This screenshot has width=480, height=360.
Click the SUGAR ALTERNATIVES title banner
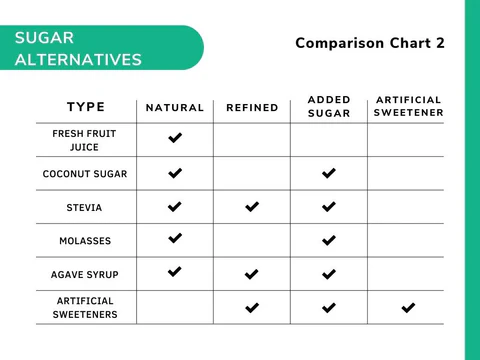tap(80, 48)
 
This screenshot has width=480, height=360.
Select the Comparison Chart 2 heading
tap(370, 43)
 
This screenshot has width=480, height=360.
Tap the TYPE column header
tap(86, 107)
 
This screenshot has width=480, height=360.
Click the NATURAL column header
tap(175, 107)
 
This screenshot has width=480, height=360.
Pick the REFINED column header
tap(252, 107)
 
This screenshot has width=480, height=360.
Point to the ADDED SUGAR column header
tap(329, 107)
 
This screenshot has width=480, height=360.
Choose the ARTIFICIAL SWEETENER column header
tap(408, 106)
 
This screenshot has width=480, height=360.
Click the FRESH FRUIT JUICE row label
tap(85, 140)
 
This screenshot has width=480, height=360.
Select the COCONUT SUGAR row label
tap(85, 174)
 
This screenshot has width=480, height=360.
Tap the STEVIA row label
tap(85, 208)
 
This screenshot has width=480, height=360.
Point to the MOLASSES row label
tap(85, 241)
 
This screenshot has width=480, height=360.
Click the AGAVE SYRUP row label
tap(85, 274)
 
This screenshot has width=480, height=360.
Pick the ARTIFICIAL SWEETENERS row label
tap(85, 307)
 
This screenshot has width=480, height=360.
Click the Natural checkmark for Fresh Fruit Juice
tap(175, 138)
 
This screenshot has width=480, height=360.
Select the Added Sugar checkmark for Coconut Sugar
tap(329, 173)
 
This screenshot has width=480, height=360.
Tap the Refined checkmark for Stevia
tap(252, 207)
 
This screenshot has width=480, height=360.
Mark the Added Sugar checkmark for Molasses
tap(329, 240)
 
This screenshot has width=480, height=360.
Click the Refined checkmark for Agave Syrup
tap(252, 274)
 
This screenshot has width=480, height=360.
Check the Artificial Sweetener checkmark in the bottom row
tap(408, 308)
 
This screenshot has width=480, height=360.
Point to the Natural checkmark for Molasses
tap(175, 238)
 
